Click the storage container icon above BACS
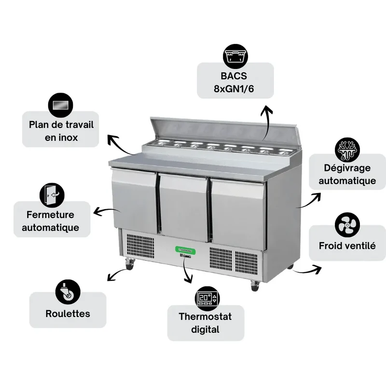click(x=235, y=56)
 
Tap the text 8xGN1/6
click(x=234, y=89)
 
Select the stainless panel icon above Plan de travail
click(x=61, y=105)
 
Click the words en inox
click(x=61, y=138)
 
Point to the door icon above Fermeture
click(x=52, y=195)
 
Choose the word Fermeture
click(x=50, y=215)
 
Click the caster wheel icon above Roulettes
click(x=68, y=292)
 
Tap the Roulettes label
click(x=68, y=314)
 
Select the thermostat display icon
click(x=207, y=298)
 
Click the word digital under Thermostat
click(x=205, y=330)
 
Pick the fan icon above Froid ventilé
click(x=347, y=225)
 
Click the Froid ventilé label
click(x=347, y=246)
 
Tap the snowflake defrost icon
click(x=347, y=150)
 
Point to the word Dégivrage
click(x=347, y=168)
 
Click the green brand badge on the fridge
click(x=186, y=250)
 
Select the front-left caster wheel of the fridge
click(x=129, y=264)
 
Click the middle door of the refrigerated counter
click(x=184, y=207)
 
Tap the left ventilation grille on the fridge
click(x=140, y=246)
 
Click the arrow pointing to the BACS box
click(x=267, y=123)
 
